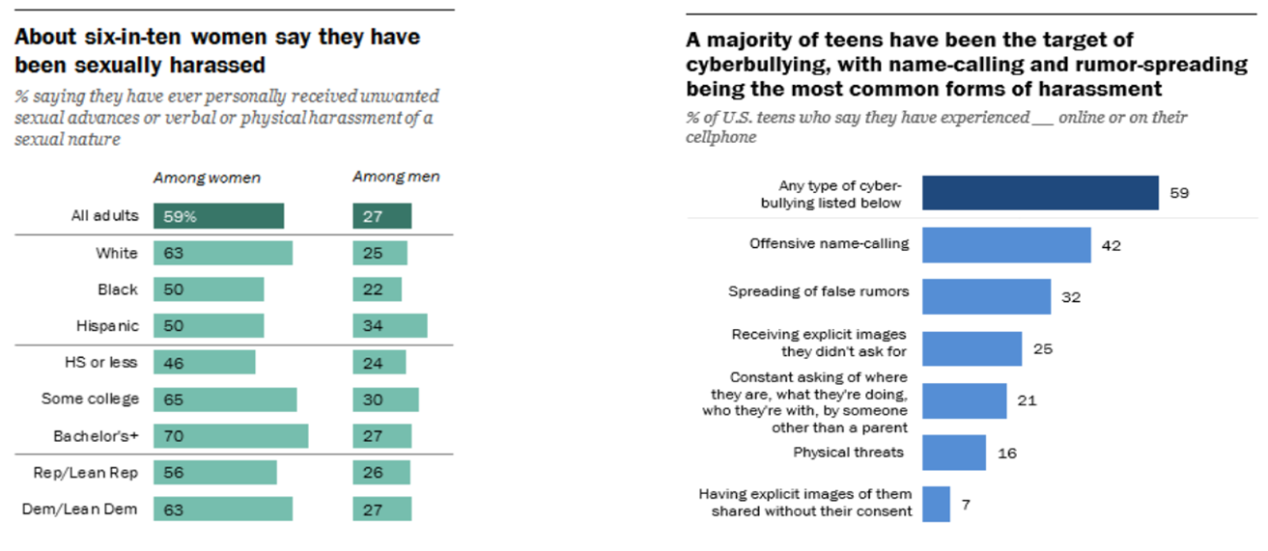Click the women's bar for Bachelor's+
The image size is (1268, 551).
tap(231, 436)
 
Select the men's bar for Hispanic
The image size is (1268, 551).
tap(389, 326)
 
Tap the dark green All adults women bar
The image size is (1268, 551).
tap(218, 216)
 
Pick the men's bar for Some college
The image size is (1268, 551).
tap(385, 399)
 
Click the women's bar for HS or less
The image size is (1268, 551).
tap(204, 363)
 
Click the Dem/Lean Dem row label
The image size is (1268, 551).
tap(87, 510)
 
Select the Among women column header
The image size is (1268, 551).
tap(207, 178)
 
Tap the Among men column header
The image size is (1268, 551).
tap(395, 178)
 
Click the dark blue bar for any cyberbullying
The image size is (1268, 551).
tap(1040, 193)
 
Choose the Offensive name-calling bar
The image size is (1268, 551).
tap(1006, 245)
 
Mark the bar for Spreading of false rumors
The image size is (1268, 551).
tap(986, 297)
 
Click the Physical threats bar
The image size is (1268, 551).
tap(954, 453)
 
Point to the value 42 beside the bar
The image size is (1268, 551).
tap(1113, 245)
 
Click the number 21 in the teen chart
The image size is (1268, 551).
tap(1027, 400)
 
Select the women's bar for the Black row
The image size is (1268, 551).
tap(209, 289)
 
